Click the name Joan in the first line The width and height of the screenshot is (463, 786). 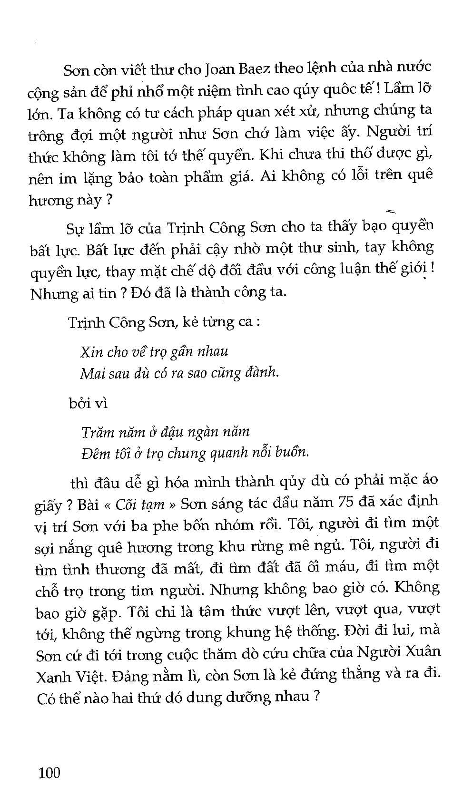click(220, 69)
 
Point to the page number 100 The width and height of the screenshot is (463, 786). click(49, 772)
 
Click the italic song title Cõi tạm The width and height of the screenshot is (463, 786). click(140, 504)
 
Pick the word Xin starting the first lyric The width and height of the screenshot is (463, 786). click(91, 352)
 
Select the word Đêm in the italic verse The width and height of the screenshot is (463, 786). click(94, 453)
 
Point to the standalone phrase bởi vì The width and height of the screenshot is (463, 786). click(88, 403)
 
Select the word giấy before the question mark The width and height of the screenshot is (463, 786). click(48, 505)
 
